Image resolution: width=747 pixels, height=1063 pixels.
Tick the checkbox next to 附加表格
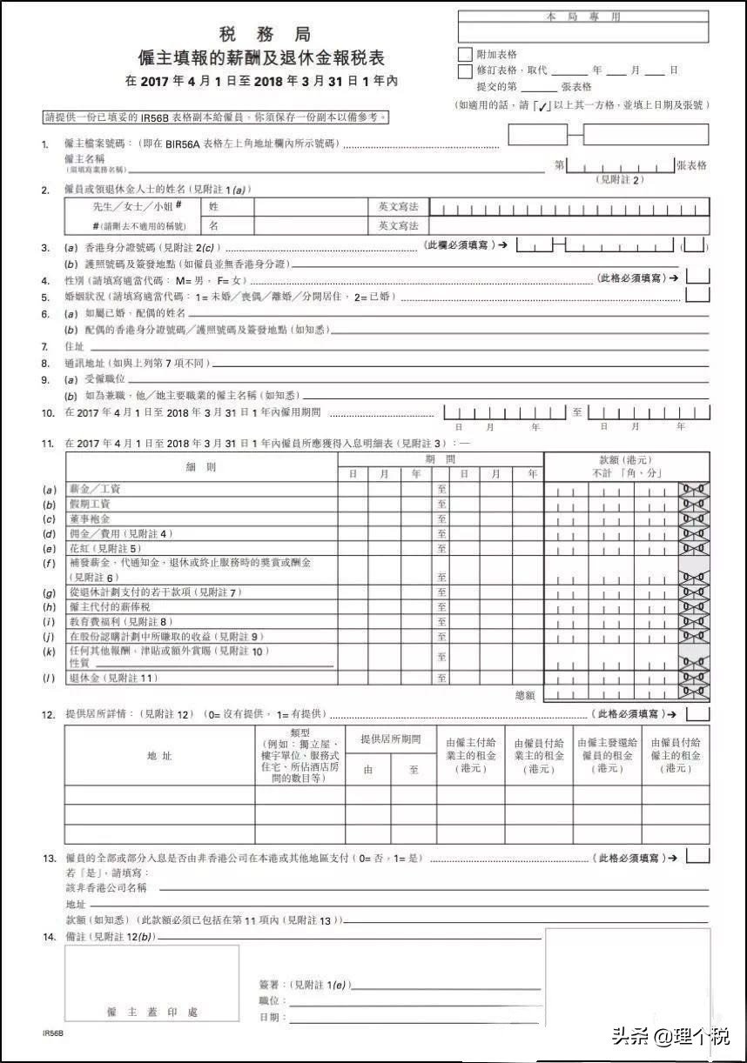[x=465, y=54]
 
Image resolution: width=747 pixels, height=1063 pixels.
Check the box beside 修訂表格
[x=465, y=70]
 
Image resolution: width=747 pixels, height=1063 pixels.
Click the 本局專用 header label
[x=583, y=17]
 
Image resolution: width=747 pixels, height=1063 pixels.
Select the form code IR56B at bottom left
[x=52, y=1033]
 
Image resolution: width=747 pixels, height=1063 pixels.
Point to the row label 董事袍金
[x=88, y=518]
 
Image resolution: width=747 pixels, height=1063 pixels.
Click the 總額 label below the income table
[x=526, y=695]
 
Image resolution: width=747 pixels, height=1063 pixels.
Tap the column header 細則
[x=200, y=467]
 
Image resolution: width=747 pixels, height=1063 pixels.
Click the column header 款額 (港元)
[x=624, y=459]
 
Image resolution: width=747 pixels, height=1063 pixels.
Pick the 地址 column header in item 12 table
[x=159, y=756]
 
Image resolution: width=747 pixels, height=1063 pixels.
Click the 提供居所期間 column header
[x=390, y=739]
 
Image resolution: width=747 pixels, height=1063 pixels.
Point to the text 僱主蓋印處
[x=151, y=1013]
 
